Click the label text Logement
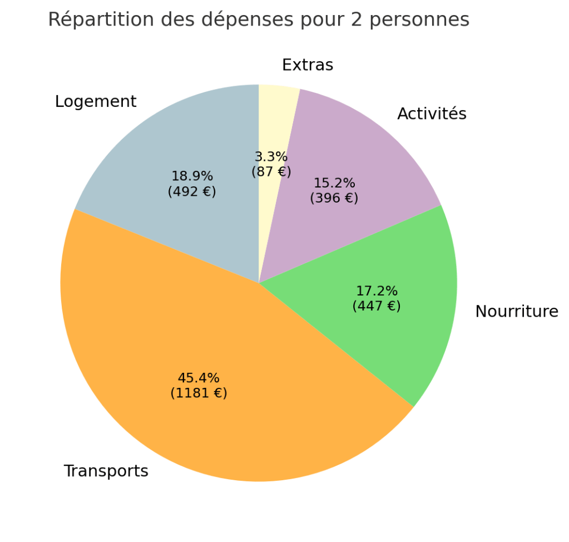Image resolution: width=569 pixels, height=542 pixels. click(96, 102)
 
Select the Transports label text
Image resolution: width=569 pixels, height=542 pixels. click(106, 471)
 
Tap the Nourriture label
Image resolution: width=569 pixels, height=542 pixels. click(516, 312)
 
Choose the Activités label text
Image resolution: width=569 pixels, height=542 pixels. click(432, 114)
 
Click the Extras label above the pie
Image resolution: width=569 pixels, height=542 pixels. click(308, 65)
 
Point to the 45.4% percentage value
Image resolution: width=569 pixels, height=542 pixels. click(199, 378)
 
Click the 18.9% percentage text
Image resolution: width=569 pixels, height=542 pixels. click(192, 176)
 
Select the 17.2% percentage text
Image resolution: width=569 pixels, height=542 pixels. click(377, 291)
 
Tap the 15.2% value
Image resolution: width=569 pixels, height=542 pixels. click(334, 183)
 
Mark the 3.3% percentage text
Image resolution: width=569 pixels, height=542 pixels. click(271, 157)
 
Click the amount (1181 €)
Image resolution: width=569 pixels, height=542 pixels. click(199, 393)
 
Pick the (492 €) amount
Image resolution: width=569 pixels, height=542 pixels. click(192, 191)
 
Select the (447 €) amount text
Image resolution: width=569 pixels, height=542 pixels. click(377, 306)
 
